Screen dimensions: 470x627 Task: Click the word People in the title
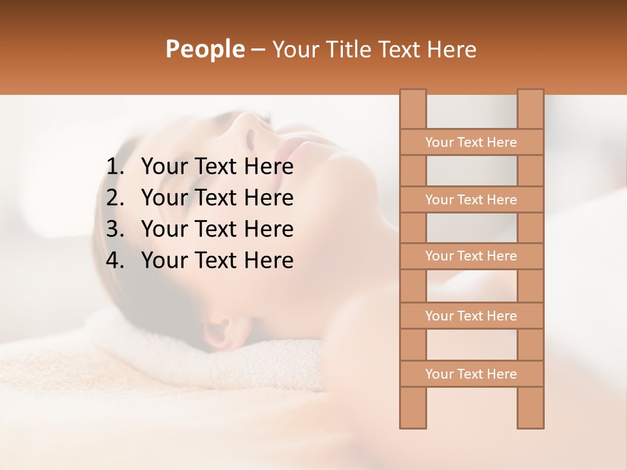click(x=205, y=49)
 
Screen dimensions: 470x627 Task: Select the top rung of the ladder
click(x=471, y=142)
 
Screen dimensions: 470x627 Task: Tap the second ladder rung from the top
click(x=471, y=200)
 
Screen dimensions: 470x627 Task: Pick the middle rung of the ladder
click(x=471, y=257)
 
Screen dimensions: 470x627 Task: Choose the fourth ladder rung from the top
click(x=471, y=316)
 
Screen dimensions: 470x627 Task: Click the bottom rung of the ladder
click(x=471, y=374)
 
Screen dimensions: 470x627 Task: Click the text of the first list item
click(x=217, y=167)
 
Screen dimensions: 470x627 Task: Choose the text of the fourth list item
click(x=217, y=260)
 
